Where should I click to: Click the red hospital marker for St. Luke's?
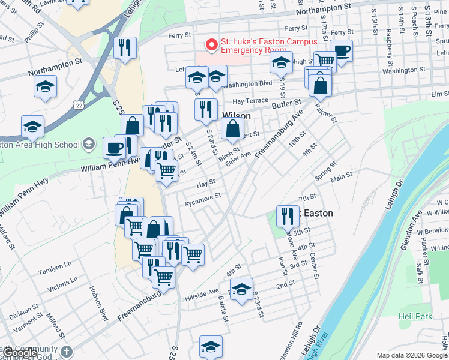coord(211,45)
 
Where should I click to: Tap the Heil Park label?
coord(415,316)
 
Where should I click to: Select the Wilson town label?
coord(237,115)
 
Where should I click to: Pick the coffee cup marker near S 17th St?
coord(341,50)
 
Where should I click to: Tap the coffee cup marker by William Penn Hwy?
coord(114,148)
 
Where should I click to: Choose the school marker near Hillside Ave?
coord(241,289)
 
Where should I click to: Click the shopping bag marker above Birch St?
coord(232,128)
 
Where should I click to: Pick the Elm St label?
coord(440,94)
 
